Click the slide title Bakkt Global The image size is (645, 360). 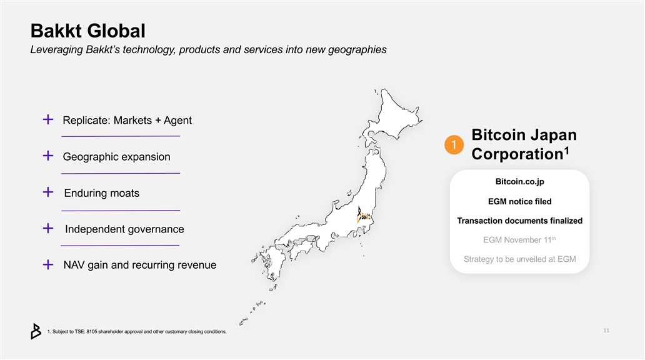(88, 31)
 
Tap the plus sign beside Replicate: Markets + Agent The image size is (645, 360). (48, 119)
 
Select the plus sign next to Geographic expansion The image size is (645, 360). (48, 156)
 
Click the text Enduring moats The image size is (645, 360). (102, 193)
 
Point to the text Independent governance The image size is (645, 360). (124, 229)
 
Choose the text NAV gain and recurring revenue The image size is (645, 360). (140, 265)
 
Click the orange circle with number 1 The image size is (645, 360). (454, 145)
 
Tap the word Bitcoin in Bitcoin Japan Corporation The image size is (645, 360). (499, 134)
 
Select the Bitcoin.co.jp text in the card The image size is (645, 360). (519, 181)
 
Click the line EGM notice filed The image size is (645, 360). (519, 201)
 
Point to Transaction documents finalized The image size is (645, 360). (519, 221)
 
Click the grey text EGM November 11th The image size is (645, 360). (519, 240)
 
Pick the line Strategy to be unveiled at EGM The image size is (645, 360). (519, 259)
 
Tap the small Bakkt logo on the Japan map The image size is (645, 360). (363, 215)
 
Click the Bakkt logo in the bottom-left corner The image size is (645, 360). (36, 331)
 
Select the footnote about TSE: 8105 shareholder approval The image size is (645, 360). (137, 332)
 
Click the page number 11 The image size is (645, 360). (606, 331)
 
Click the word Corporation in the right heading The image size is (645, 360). (517, 154)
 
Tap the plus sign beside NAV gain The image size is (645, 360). (48, 264)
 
